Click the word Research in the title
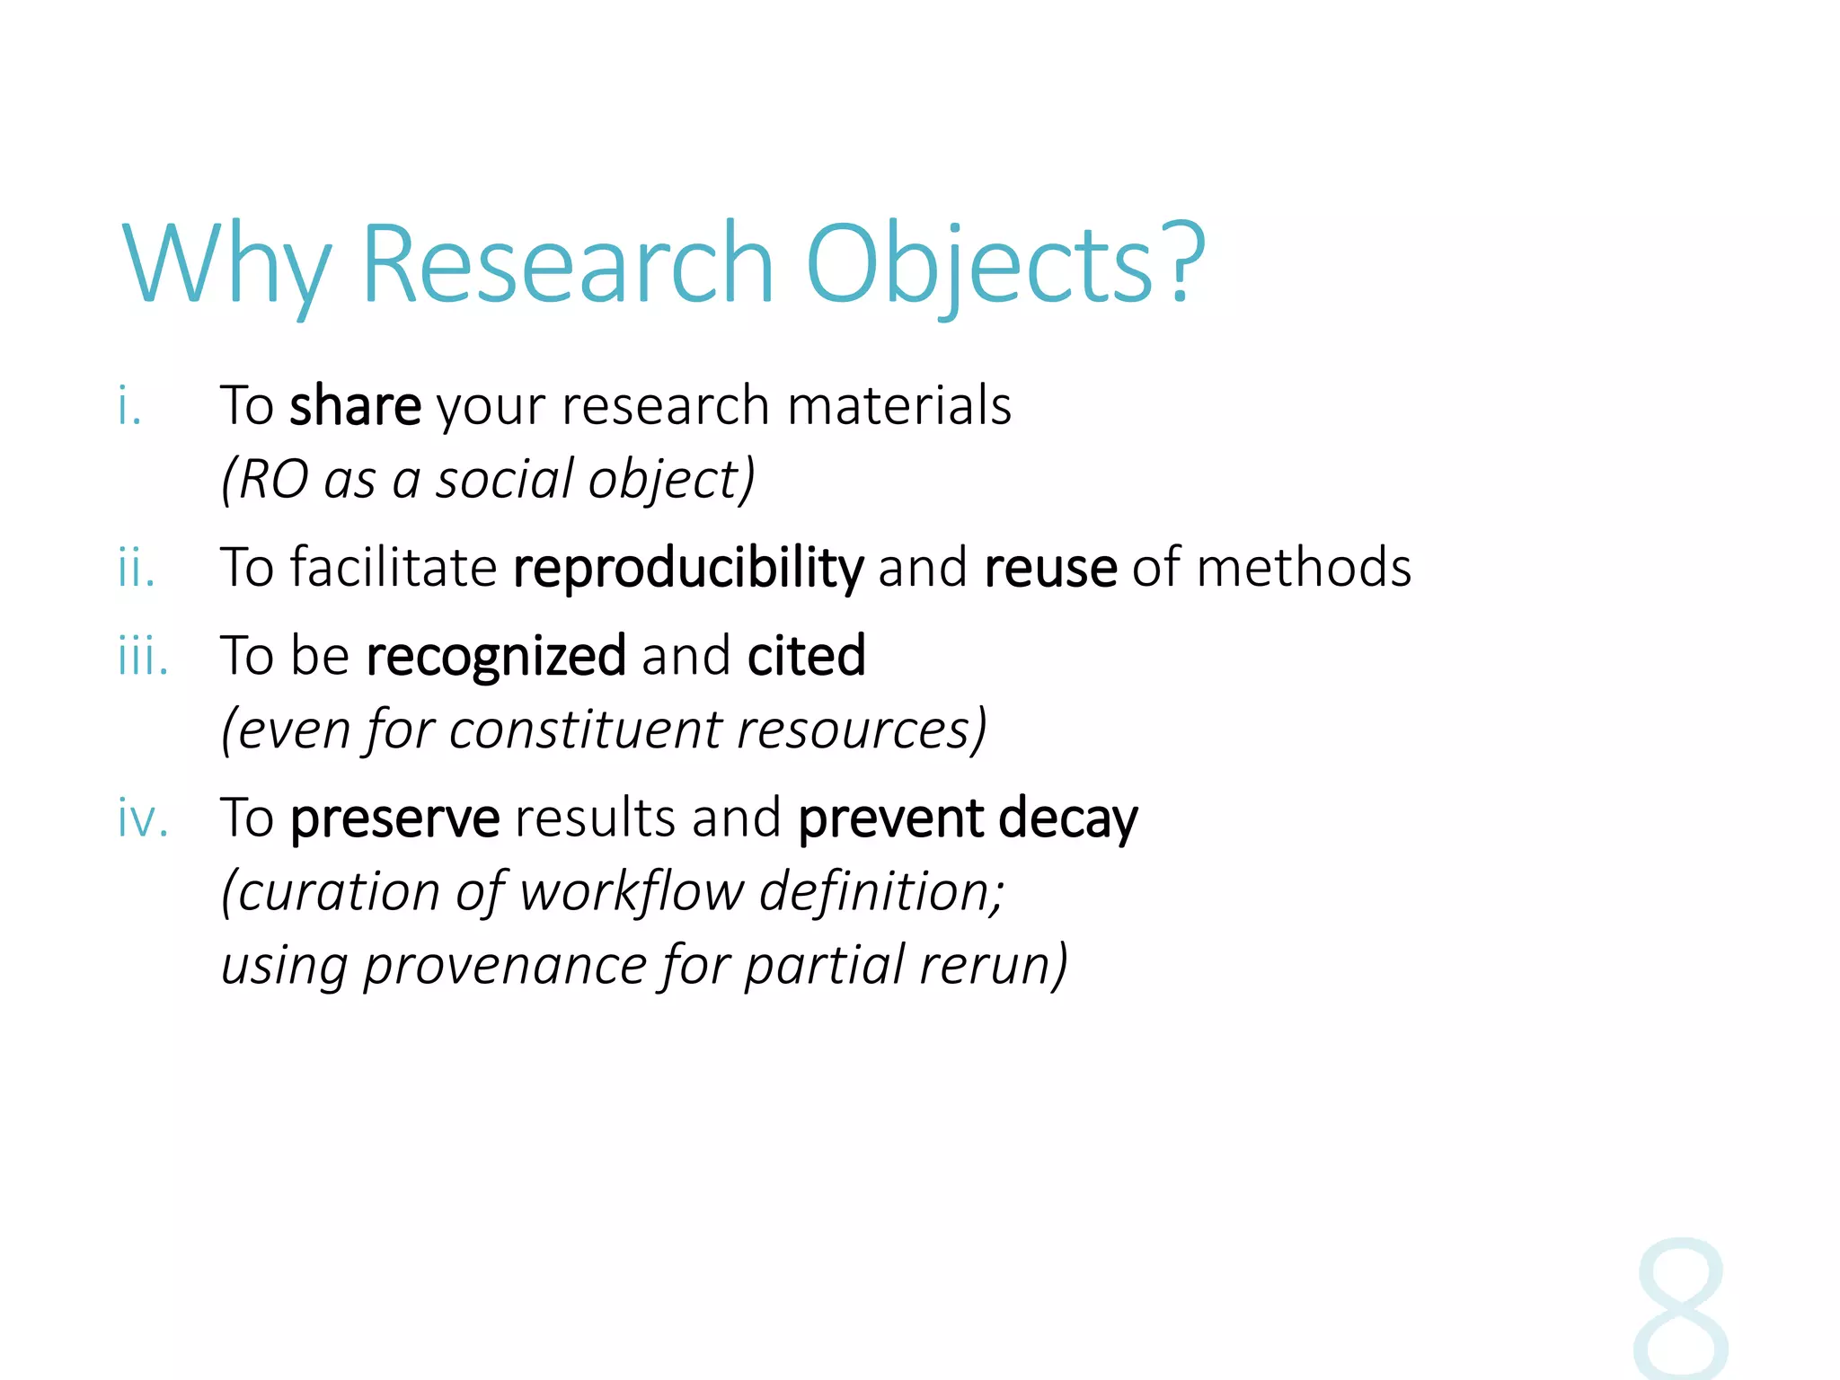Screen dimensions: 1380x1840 [x=567, y=264]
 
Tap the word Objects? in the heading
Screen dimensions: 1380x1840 [x=1004, y=264]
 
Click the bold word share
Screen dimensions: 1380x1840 [x=355, y=406]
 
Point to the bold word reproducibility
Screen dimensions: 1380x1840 [x=688, y=569]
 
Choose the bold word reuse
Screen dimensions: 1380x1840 [x=1050, y=569]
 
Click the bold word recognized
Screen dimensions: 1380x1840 [x=496, y=656]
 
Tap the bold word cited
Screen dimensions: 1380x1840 [x=806, y=656]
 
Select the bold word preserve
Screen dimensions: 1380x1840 [x=394, y=819]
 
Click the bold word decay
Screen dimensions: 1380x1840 [x=1067, y=819]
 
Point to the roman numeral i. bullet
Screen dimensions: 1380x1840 [x=130, y=406]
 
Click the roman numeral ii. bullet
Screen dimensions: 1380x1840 [x=137, y=569]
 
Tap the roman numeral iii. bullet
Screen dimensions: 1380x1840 [x=143, y=656]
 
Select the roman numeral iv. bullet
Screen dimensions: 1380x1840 [x=143, y=819]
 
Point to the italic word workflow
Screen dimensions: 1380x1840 [x=632, y=892]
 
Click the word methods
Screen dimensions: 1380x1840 [x=1304, y=569]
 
